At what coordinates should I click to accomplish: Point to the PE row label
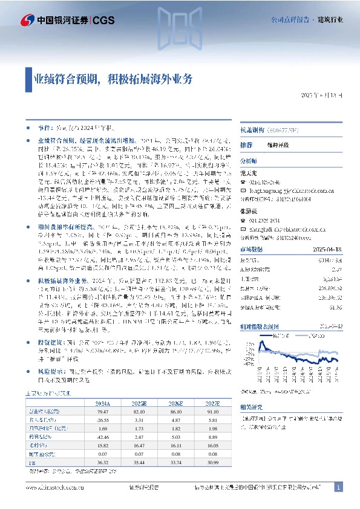[31, 464]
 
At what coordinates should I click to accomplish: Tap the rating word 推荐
[246, 146]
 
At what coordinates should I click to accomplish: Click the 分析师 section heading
[249, 162]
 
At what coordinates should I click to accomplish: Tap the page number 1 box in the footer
[339, 487]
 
